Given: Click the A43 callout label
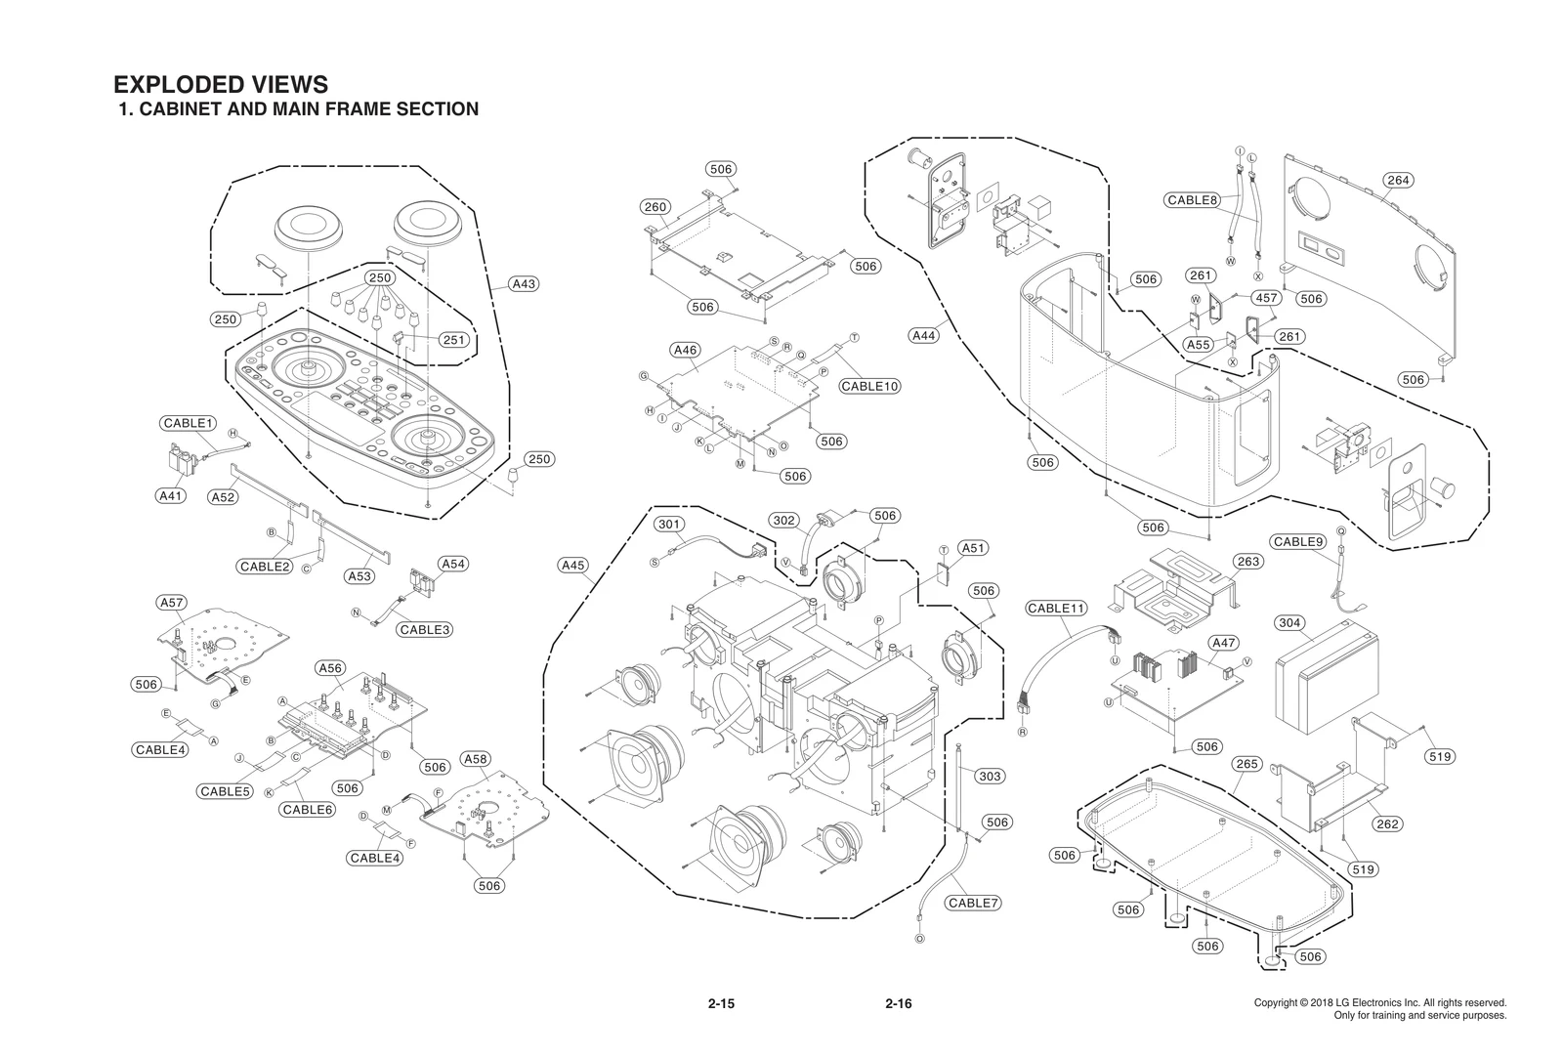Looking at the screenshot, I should click(524, 284).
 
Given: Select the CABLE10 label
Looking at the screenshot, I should click(869, 386).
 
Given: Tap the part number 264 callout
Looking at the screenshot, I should click(1398, 180).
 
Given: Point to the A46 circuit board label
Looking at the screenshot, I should click(685, 350).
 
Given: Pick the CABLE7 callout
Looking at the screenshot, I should click(973, 903).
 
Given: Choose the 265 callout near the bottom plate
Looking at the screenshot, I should click(1246, 764).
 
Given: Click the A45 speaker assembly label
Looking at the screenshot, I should click(573, 565).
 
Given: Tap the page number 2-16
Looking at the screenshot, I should click(898, 1003).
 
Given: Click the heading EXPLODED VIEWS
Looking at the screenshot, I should click(221, 85).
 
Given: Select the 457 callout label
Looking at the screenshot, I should click(1266, 298).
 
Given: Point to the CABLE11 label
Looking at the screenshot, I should click(1056, 608).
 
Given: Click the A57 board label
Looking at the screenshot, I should click(172, 603).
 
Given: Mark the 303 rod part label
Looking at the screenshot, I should click(990, 776).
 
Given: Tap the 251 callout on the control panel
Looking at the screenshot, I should click(453, 340).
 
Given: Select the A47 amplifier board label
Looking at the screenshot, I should click(1223, 643).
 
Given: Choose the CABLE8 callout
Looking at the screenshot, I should click(1193, 200).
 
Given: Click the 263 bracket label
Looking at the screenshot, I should click(1247, 562).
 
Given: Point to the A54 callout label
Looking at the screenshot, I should click(452, 564).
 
